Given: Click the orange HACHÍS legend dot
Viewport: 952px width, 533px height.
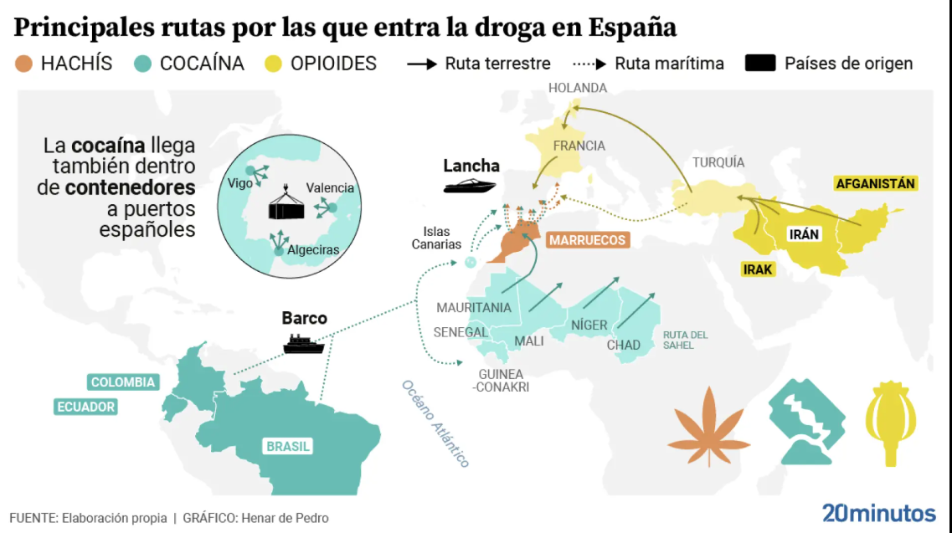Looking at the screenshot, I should pyautogui.click(x=24, y=64).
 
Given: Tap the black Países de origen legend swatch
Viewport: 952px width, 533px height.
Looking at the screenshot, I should pyautogui.click(x=759, y=64).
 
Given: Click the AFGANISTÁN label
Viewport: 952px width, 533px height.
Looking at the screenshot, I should pyautogui.click(x=876, y=182).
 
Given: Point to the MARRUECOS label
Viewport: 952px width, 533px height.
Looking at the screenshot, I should pyautogui.click(x=587, y=240).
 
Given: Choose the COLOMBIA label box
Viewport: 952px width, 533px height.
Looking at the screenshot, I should pyautogui.click(x=123, y=382).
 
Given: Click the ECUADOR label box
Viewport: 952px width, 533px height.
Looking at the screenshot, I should pyautogui.click(x=85, y=407).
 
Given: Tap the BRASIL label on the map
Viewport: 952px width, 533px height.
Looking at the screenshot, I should pyautogui.click(x=288, y=446).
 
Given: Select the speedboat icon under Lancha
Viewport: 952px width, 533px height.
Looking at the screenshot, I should pyautogui.click(x=470, y=186).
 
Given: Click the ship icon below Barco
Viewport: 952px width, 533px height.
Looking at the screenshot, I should pyautogui.click(x=304, y=343).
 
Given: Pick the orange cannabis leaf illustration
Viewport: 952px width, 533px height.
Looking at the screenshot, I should pyautogui.click(x=708, y=426).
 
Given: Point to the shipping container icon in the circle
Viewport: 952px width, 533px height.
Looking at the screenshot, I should pyautogui.click(x=288, y=205).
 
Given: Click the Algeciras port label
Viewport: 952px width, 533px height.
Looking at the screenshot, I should pyautogui.click(x=312, y=249).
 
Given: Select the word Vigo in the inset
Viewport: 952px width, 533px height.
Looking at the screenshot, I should pyautogui.click(x=239, y=182).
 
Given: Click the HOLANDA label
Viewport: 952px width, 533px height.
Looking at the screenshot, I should pyautogui.click(x=577, y=88).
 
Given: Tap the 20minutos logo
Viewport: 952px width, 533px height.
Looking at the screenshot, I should pyautogui.click(x=878, y=513).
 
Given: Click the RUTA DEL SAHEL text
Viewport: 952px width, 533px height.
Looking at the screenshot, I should pyautogui.click(x=685, y=340).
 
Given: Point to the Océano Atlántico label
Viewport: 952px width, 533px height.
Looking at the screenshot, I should pyautogui.click(x=435, y=423).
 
